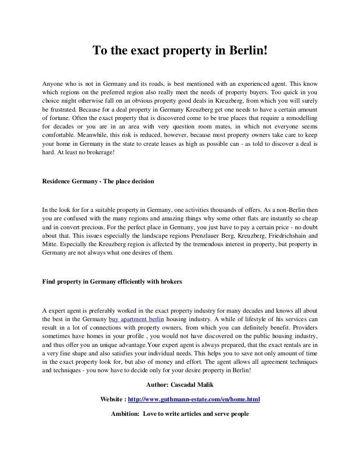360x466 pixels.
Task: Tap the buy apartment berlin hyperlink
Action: pos(134,319)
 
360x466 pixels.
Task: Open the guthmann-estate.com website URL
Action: pos(194,399)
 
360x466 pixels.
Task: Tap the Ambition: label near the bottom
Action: pos(125,414)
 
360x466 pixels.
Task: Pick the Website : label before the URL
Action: pos(113,399)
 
